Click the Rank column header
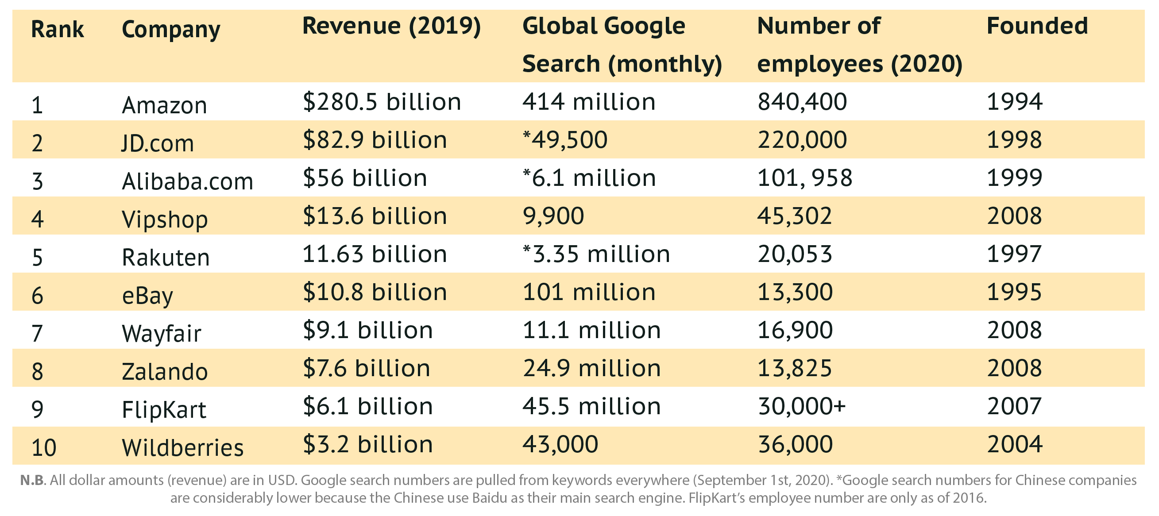[57, 30]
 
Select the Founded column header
[1037, 26]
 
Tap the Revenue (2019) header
[391, 26]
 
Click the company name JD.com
[158, 143]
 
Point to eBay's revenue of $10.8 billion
[375, 292]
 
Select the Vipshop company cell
[165, 219]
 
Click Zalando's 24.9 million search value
[591, 368]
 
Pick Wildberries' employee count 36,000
[795, 444]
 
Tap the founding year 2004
[1015, 444]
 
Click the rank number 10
[44, 447]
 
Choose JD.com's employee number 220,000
[802, 140]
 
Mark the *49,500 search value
[564, 140]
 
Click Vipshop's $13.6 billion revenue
[375, 216]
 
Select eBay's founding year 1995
[1015, 292]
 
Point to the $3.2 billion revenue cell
[367, 444]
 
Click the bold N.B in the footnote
[32, 481]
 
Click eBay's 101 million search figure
[588, 292]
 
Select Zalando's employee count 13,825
[795, 368]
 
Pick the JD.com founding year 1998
[1015, 140]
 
